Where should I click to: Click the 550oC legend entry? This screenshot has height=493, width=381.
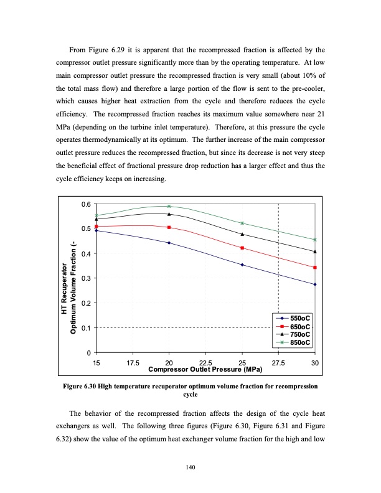pos(301,319)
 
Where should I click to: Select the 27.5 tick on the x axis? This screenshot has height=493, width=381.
pos(278,363)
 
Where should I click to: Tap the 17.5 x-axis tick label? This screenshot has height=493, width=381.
pos(133,363)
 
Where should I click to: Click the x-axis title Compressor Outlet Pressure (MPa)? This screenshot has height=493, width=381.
pos(205,369)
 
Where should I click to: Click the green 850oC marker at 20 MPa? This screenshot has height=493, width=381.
pos(169,206)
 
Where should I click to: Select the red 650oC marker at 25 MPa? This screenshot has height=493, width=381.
pos(242,248)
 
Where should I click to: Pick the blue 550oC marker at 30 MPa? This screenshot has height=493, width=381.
pos(315,284)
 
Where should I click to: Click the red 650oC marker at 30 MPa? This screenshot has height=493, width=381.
pos(315,268)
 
